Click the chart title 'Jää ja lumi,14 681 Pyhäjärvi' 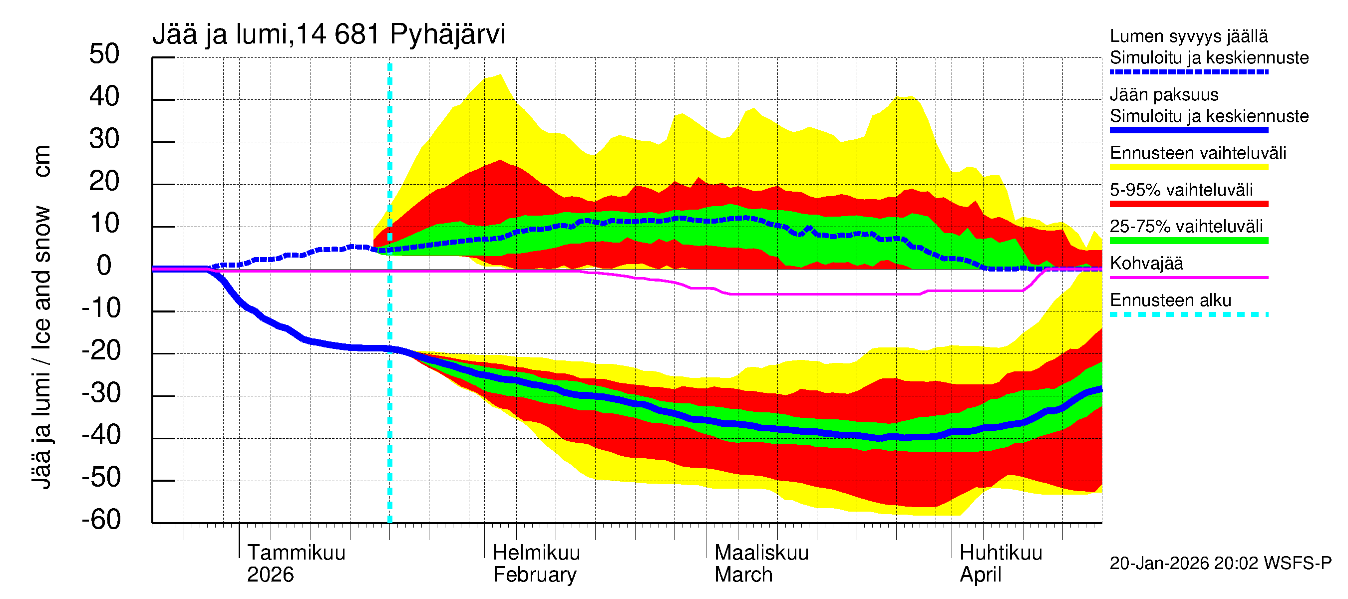coord(329,34)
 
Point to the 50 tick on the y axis coord(104,54)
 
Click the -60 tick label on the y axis coord(101,520)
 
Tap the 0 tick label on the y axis coord(104,266)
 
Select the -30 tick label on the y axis coord(101,393)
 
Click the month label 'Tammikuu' coord(296,553)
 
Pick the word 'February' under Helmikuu coord(534,575)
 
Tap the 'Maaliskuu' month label coord(761,553)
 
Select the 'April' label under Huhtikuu coord(980,575)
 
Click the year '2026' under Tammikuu coord(270,575)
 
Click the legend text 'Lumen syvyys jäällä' coord(1188,36)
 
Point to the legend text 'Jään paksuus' coord(1164,95)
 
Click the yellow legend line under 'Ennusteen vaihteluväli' coord(1188,167)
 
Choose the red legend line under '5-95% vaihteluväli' coord(1188,204)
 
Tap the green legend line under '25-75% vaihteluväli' coord(1188,241)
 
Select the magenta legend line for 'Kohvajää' coord(1188,277)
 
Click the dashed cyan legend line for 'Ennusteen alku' coord(1188,314)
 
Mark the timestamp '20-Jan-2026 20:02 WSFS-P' coord(1220,564)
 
